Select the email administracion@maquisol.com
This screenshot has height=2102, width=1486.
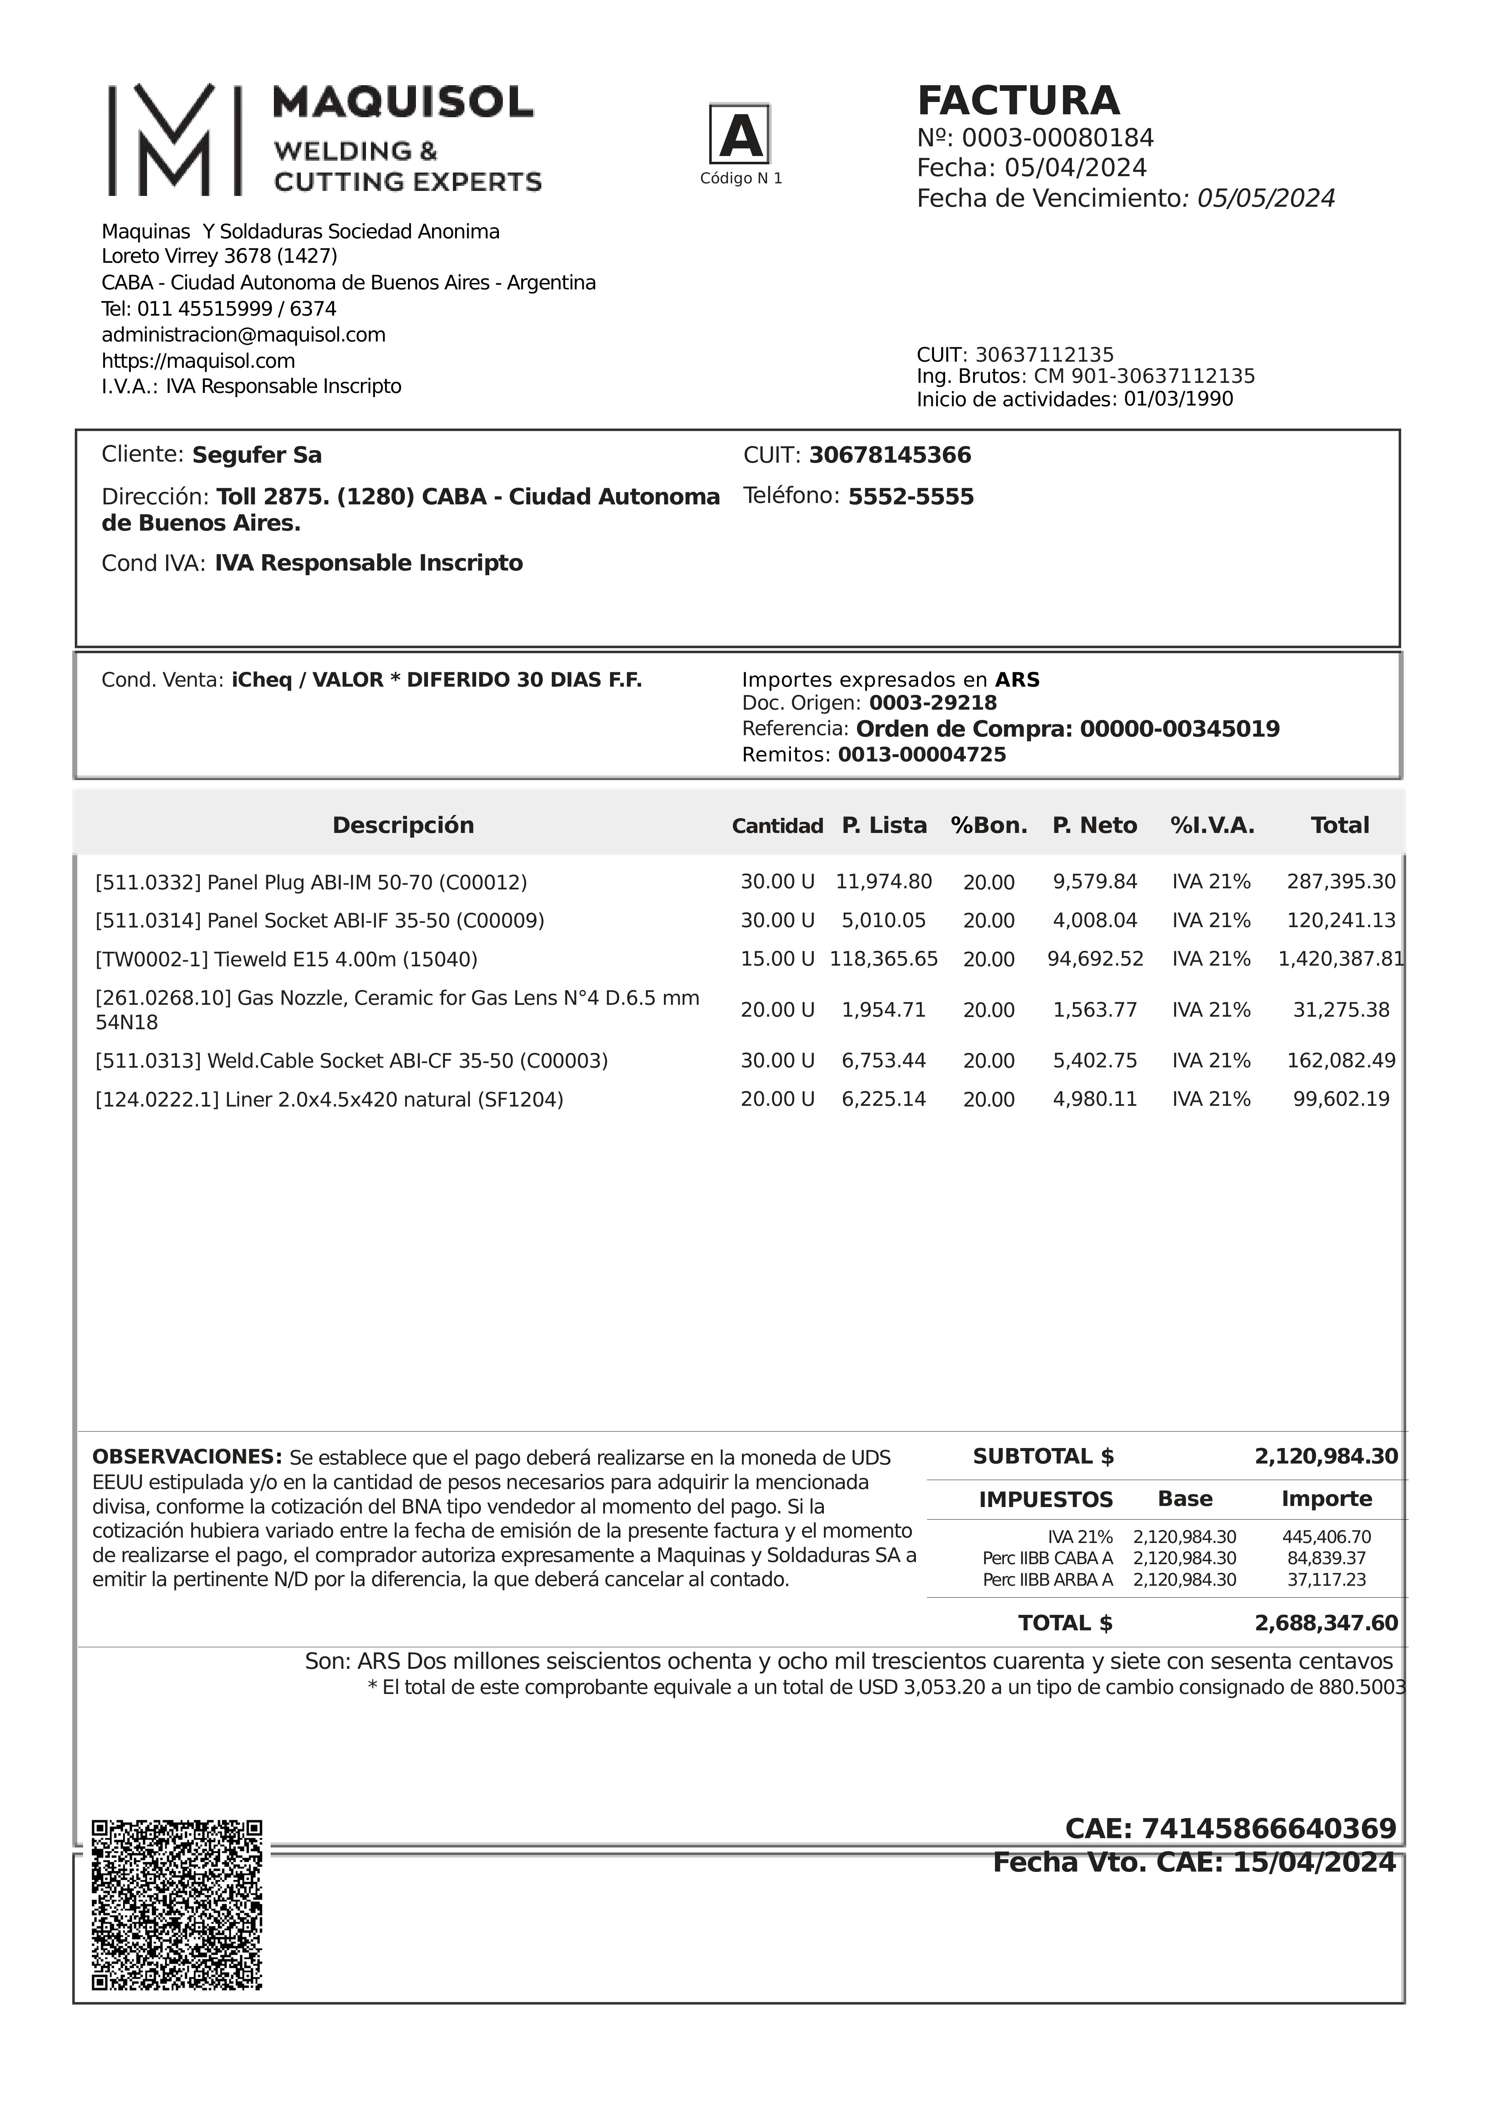(x=244, y=335)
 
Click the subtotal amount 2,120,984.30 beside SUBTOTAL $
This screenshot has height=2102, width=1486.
(x=1326, y=1457)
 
